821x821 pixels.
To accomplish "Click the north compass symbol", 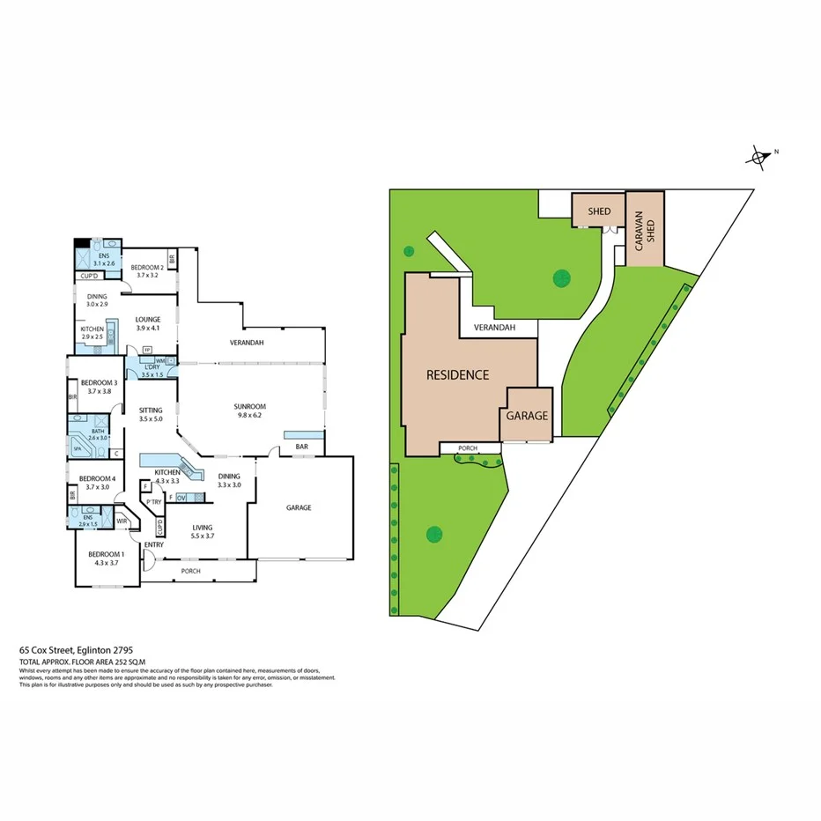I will click(758, 158).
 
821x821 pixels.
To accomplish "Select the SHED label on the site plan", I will click(600, 211).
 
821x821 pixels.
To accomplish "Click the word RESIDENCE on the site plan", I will click(457, 374).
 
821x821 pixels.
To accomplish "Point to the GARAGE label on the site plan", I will click(527, 416).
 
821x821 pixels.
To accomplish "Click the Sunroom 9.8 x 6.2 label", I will click(249, 410).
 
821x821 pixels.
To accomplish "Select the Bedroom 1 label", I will click(105, 558).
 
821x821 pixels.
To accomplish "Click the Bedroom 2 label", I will click(147, 270).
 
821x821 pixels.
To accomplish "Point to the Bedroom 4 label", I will click(95, 483).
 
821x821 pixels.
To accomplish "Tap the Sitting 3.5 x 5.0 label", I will click(151, 415).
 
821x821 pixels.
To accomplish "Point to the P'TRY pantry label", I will click(155, 502).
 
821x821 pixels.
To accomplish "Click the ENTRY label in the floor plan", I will click(153, 544).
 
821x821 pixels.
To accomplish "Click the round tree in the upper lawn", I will click(561, 278).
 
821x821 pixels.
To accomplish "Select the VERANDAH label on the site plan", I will click(494, 328).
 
